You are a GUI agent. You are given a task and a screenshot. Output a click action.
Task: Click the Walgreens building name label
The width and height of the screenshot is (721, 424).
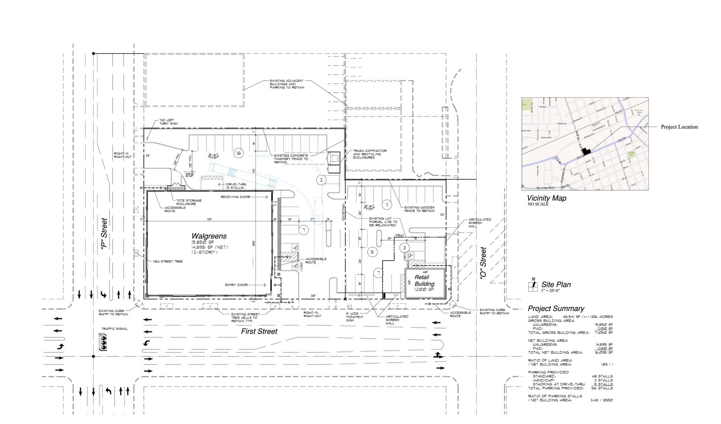click(209, 236)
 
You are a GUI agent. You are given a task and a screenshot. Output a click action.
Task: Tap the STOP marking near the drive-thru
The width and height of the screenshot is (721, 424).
click(190, 175)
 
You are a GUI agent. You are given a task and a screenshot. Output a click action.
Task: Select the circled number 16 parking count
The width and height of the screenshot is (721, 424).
click(238, 153)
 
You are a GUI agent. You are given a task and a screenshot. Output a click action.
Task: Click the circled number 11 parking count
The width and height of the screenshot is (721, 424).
click(387, 205)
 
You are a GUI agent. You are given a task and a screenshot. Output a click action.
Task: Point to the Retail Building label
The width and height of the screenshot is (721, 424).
click(424, 280)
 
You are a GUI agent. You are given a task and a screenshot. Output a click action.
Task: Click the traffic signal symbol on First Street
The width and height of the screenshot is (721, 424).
click(105, 344)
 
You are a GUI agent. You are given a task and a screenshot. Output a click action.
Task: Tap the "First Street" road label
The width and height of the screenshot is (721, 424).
click(259, 331)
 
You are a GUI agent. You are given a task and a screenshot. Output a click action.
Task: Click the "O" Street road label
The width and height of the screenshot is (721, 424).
click(483, 263)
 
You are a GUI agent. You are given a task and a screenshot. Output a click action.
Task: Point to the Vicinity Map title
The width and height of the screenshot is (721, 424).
click(547, 198)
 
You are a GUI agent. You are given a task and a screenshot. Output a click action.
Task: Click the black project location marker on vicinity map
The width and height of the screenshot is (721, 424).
click(586, 152)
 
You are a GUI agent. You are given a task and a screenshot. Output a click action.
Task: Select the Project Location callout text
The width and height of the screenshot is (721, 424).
click(679, 127)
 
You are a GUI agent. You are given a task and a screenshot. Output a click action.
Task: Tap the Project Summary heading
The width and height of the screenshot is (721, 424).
click(556, 308)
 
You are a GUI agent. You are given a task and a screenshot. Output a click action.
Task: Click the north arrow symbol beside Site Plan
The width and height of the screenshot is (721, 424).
click(533, 285)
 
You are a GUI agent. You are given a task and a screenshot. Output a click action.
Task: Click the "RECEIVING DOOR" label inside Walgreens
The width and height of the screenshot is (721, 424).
click(235, 197)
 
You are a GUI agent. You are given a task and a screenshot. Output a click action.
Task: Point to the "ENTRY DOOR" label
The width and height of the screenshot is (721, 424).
click(236, 285)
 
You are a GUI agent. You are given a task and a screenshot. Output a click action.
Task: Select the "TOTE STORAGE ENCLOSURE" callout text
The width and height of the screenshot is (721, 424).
click(189, 202)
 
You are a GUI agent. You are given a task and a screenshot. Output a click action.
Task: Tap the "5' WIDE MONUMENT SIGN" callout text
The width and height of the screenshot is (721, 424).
click(355, 317)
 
